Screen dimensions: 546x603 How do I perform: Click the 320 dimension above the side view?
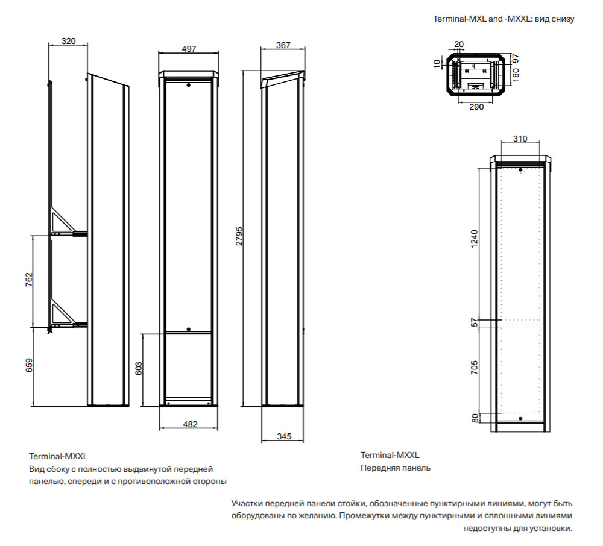point(68,41)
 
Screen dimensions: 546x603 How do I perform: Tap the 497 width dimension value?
point(189,49)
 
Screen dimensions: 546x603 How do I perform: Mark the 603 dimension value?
point(138,369)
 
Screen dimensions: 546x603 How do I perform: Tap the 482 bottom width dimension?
point(189,424)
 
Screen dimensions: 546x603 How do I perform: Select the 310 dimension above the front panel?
point(519,139)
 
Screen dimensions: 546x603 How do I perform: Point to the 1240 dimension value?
point(475,241)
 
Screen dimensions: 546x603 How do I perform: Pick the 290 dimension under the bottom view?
point(476,106)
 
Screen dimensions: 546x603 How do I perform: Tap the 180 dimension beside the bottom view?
point(516,75)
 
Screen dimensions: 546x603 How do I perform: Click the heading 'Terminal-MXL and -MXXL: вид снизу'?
point(504,19)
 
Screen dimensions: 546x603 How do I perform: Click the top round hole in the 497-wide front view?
point(189,86)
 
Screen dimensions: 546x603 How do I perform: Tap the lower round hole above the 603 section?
point(189,329)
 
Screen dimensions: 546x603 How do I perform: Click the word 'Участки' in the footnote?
point(245,503)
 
